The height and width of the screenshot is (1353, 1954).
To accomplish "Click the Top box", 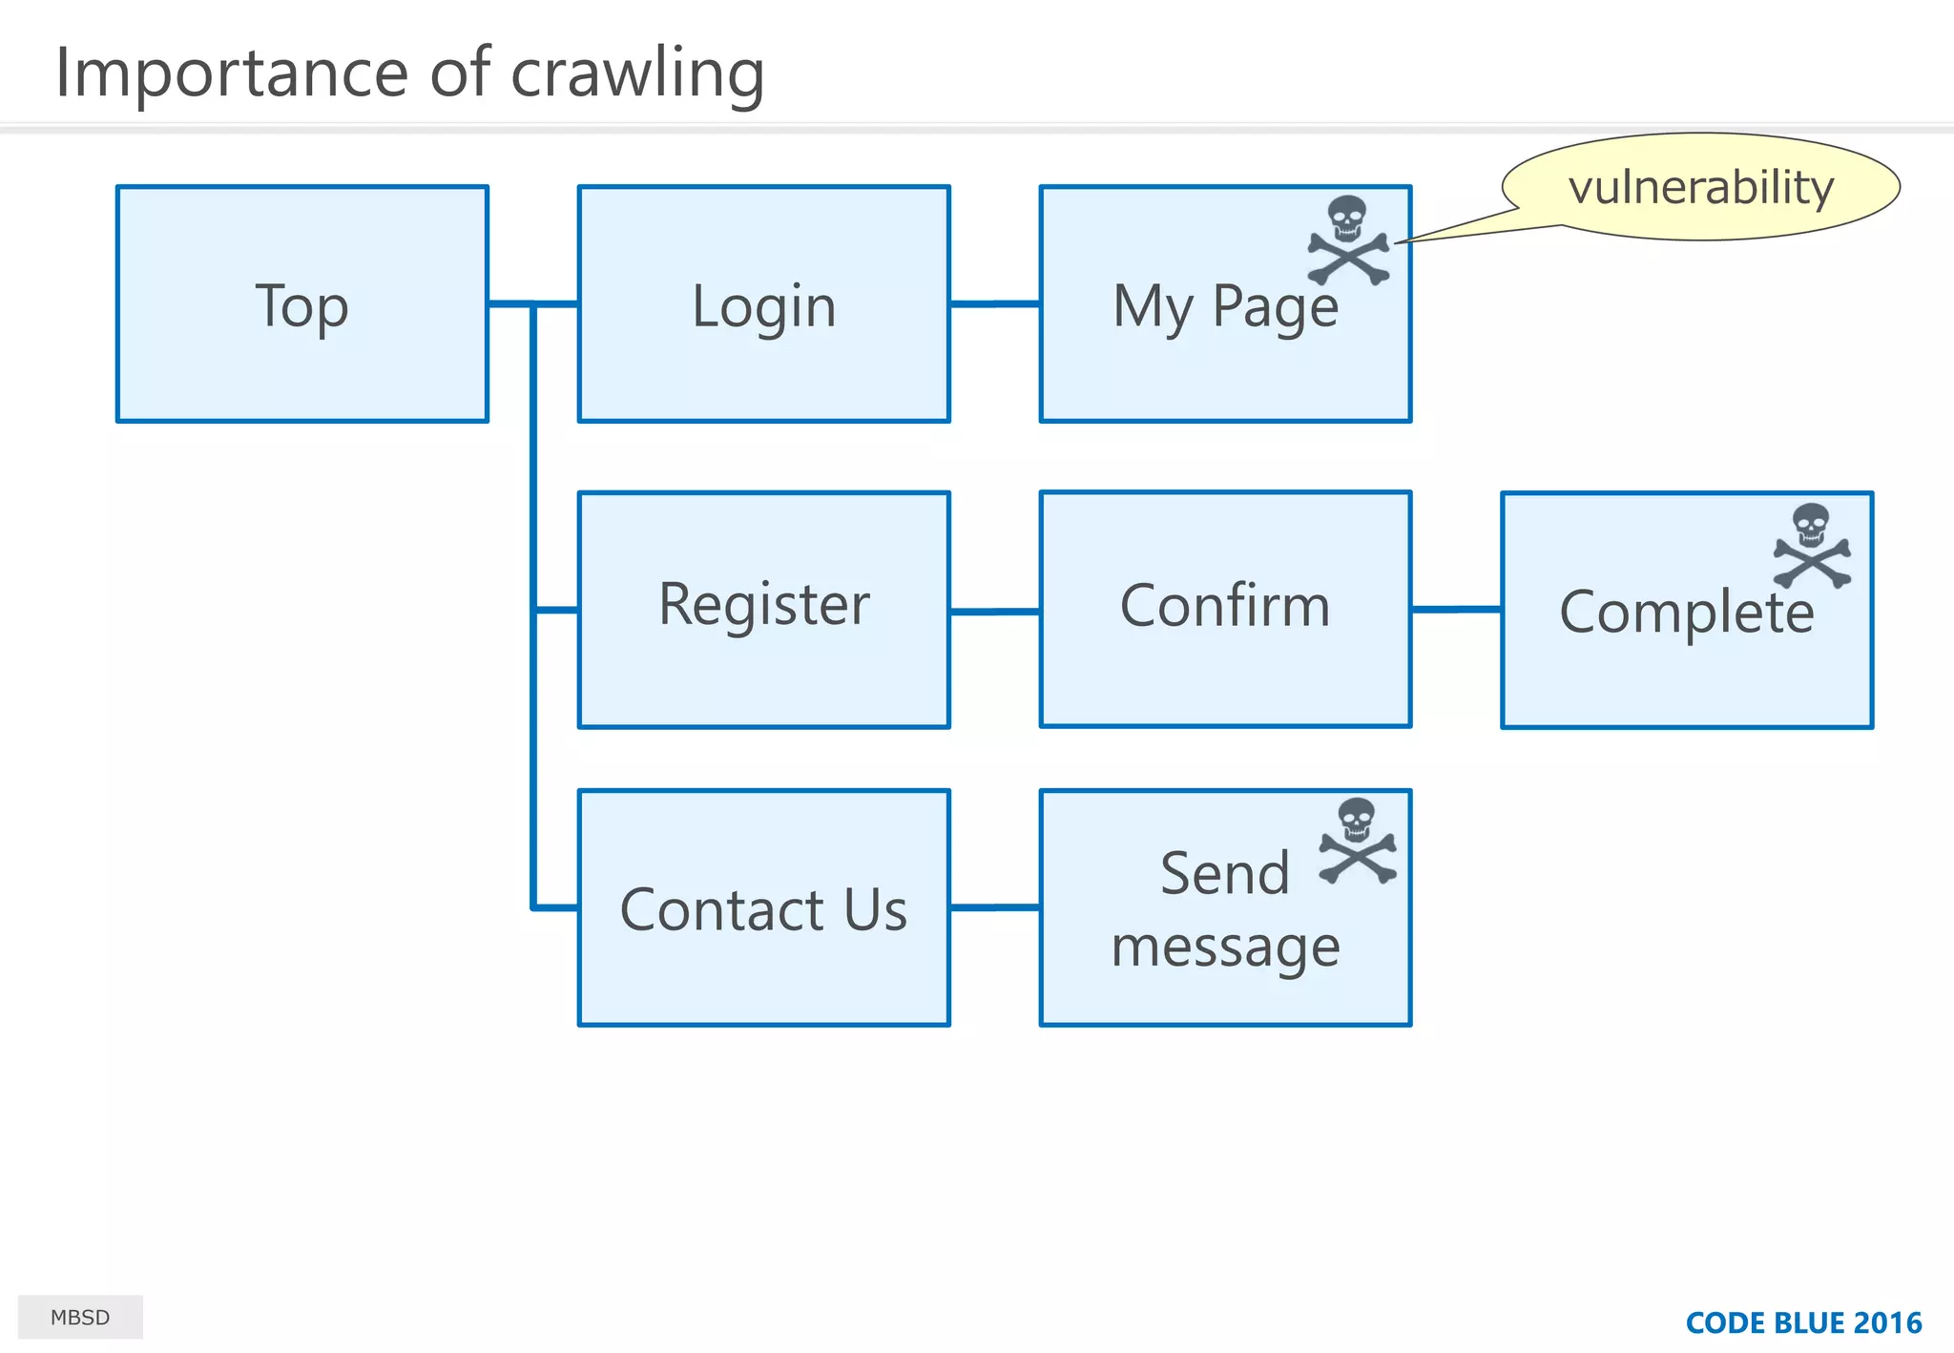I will (x=301, y=304).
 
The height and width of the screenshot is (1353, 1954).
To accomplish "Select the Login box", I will (x=763, y=304).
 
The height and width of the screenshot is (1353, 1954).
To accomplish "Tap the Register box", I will (x=763, y=610).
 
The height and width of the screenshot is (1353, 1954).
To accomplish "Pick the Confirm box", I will (x=1225, y=610).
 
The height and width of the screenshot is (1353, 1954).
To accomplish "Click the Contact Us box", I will (x=763, y=907).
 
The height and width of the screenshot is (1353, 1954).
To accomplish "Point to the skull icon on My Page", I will (x=1348, y=240).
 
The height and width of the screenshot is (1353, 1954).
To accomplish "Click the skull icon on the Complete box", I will (x=1812, y=547).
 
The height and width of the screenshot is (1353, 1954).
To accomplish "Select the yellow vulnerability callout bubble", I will (x=1700, y=187).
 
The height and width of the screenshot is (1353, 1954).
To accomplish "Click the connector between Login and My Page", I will (x=994, y=304).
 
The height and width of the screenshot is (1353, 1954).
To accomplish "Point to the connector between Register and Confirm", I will (x=994, y=611).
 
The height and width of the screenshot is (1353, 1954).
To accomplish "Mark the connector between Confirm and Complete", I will (x=1456, y=609).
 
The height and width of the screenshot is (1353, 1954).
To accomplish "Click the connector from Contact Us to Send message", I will (x=994, y=907).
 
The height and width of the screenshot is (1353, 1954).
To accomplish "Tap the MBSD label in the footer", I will (x=80, y=1318).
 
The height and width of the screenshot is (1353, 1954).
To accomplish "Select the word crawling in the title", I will (x=637, y=74).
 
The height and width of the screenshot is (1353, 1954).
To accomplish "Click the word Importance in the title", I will (x=232, y=74).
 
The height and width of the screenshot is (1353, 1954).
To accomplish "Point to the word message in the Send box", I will (x=1225, y=947).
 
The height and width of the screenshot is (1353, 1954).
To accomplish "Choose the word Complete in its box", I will (x=1686, y=613).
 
